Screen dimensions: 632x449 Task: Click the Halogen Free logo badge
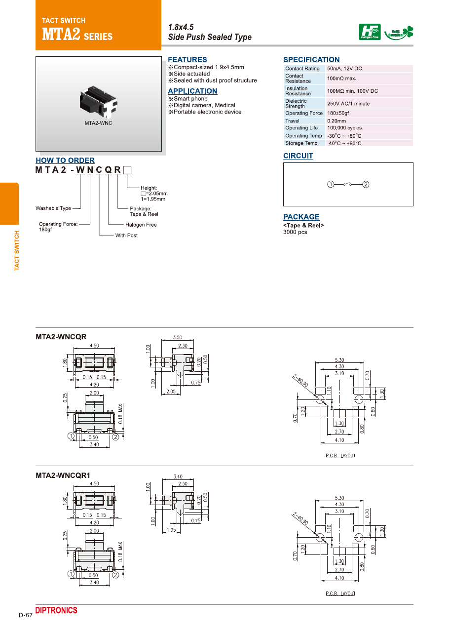(x=370, y=32)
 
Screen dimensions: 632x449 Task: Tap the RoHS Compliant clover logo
(x=399, y=33)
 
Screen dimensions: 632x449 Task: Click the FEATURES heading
(x=187, y=60)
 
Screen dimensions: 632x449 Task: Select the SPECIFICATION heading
(x=311, y=60)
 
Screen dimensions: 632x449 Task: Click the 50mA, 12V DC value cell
(x=344, y=69)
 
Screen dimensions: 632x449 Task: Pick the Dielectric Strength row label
(x=296, y=104)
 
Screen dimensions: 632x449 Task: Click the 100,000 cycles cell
(x=344, y=128)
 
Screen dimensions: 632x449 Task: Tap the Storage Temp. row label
(x=302, y=143)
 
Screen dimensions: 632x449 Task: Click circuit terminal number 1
(x=331, y=185)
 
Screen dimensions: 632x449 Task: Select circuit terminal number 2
(x=366, y=185)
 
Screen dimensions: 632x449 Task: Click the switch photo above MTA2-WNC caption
(x=99, y=102)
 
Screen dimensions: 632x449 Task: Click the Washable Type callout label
(x=53, y=208)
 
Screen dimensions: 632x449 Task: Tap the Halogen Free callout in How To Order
(x=141, y=225)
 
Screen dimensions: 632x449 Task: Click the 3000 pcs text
(x=295, y=232)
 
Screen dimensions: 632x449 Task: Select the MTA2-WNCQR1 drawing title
(x=63, y=476)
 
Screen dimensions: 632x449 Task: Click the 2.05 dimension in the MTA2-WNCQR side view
(x=171, y=392)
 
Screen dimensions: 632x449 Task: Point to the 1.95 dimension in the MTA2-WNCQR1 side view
(x=171, y=530)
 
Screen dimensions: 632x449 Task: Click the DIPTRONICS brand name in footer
(x=56, y=610)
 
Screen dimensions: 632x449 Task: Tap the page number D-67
(x=26, y=615)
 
